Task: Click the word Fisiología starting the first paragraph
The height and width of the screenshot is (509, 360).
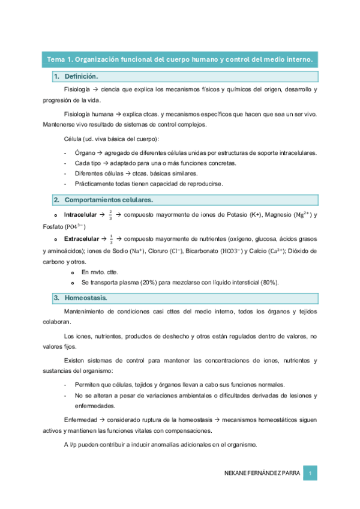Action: click(x=77, y=89)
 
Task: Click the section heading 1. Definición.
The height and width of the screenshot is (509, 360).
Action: click(x=76, y=77)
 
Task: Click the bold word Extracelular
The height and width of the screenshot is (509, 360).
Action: click(x=82, y=238)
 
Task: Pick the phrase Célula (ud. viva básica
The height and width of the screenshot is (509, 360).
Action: click(x=96, y=139)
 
